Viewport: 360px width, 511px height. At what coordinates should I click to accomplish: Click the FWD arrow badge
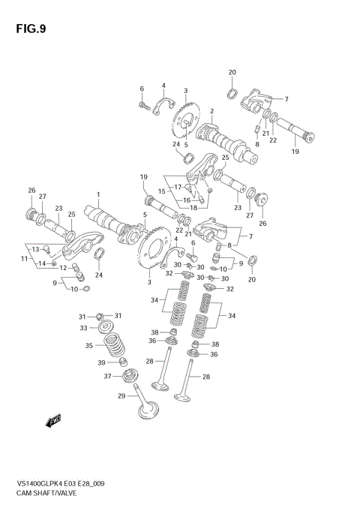point(54,422)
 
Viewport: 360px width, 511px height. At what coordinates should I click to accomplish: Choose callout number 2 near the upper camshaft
point(212,111)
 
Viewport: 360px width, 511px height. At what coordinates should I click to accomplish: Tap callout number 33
point(84,328)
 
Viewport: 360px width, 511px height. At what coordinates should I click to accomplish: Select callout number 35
point(88,346)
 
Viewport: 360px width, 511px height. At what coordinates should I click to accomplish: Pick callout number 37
point(106,376)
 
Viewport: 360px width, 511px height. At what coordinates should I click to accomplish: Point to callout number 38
point(154,332)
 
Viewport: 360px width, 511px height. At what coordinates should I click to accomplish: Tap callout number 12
point(64,267)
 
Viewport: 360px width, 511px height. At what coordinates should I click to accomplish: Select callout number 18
point(193,207)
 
